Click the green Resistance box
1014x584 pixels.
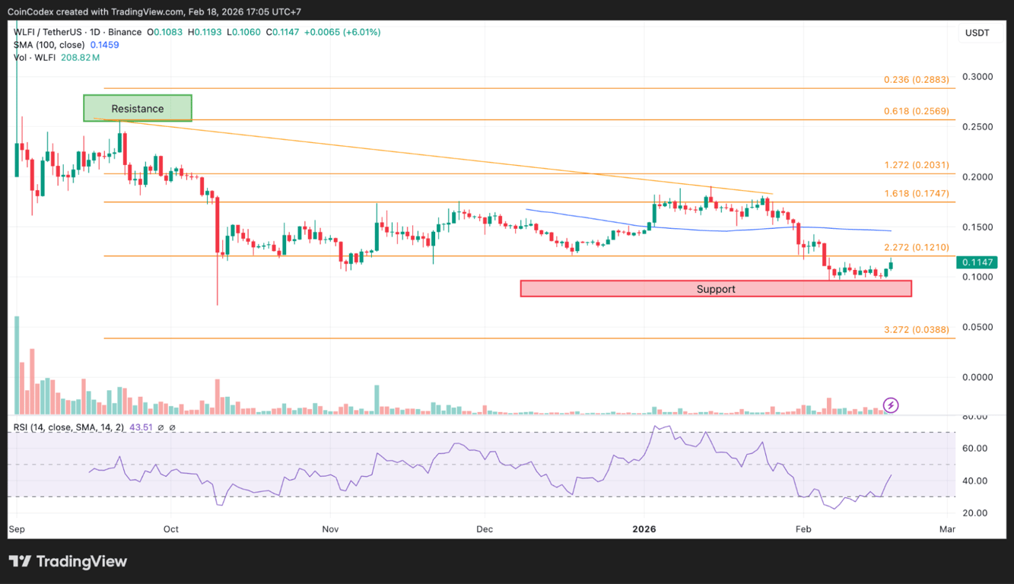[x=138, y=108]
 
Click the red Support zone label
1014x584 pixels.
[x=715, y=289]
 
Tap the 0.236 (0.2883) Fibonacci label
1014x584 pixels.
[x=916, y=79]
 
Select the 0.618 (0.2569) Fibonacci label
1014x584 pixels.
[x=916, y=111]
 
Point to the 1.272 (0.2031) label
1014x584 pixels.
[x=916, y=165]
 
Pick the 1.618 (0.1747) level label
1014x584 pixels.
[x=916, y=193]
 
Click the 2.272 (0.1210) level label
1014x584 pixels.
[x=916, y=247]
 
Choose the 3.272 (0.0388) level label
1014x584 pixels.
[x=916, y=329]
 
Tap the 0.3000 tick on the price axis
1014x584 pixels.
[x=978, y=77]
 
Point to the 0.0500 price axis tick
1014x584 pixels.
[x=978, y=327]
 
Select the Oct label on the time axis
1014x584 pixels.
[x=170, y=528]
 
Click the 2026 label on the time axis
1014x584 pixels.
[x=644, y=528]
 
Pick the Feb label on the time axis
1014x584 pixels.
[x=801, y=528]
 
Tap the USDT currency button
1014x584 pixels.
[x=977, y=33]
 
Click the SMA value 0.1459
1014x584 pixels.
[x=104, y=45]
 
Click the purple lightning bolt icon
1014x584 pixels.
[x=890, y=405]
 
